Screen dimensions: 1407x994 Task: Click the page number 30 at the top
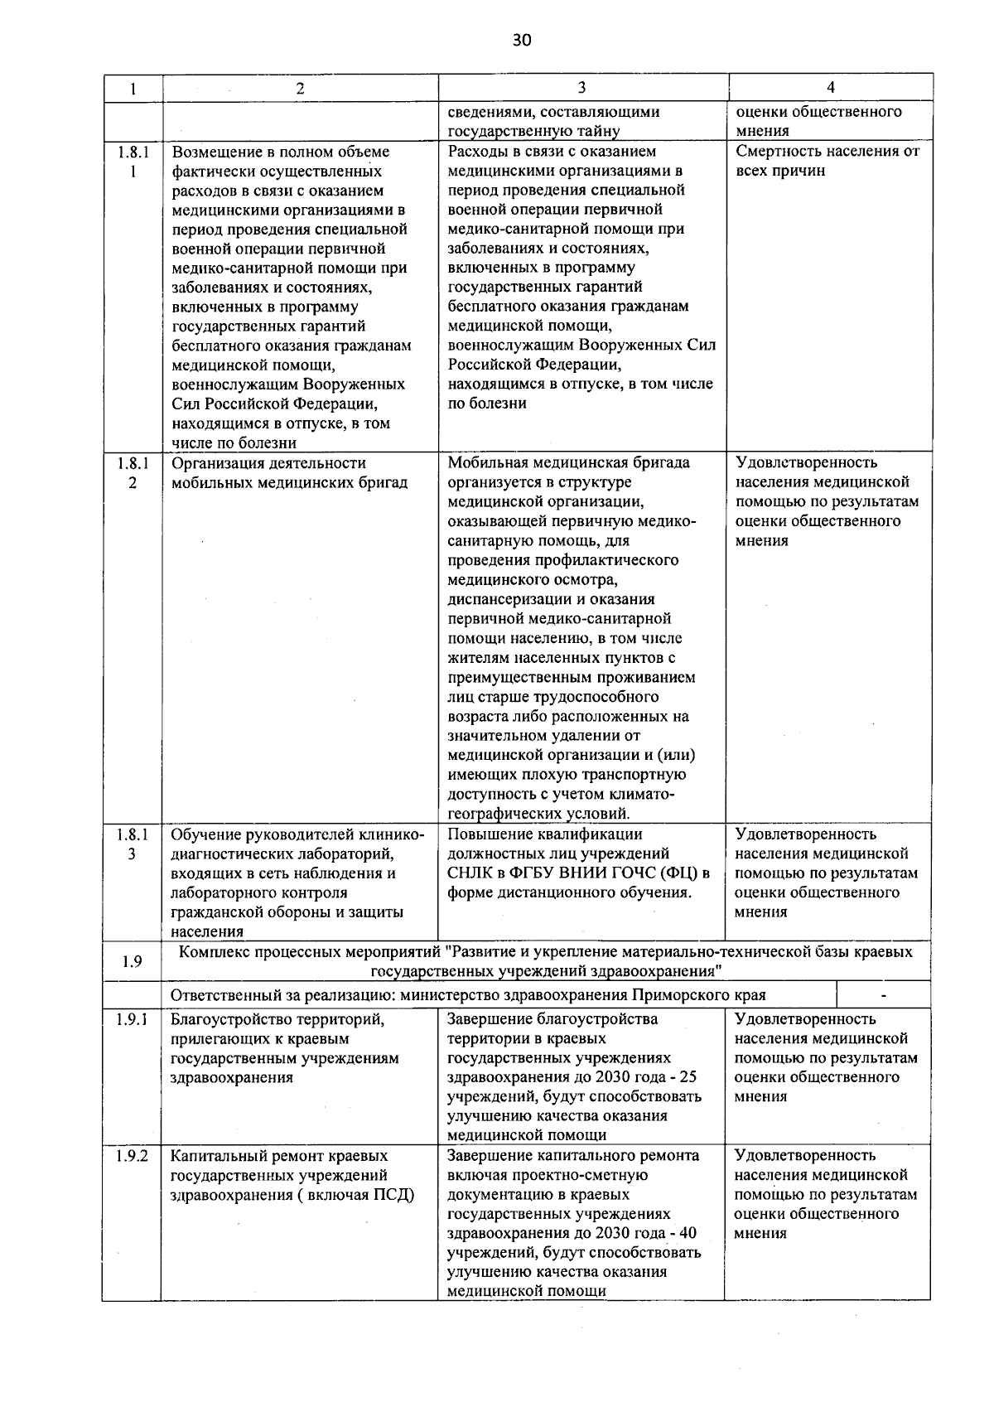click(x=521, y=40)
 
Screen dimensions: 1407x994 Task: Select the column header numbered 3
click(x=581, y=87)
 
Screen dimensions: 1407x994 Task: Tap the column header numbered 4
click(x=830, y=87)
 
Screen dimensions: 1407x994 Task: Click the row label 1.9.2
click(x=132, y=1156)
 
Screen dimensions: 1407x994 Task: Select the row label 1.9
click(x=132, y=961)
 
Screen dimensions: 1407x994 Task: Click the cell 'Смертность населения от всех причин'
click(x=827, y=161)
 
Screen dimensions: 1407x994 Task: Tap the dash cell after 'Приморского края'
click(x=884, y=995)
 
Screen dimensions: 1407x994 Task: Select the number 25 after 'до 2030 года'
click(x=688, y=1077)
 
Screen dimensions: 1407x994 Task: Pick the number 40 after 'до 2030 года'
click(x=688, y=1233)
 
